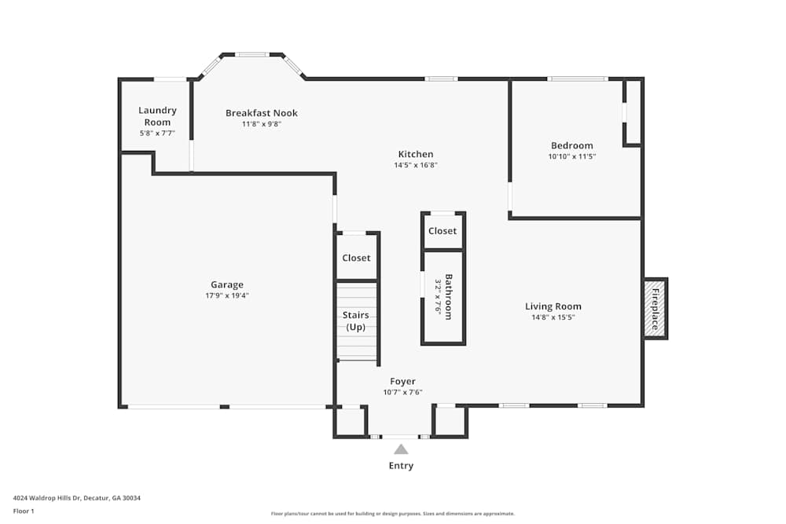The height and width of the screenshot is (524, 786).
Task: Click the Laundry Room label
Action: [157, 115]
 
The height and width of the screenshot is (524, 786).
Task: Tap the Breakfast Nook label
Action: [261, 113]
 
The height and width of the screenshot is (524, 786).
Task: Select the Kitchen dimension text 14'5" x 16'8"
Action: [415, 166]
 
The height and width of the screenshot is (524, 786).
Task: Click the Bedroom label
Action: [571, 145]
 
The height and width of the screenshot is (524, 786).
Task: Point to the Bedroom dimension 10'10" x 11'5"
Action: [571, 156]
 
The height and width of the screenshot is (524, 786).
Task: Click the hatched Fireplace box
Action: [655, 308]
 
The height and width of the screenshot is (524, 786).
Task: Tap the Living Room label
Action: [553, 306]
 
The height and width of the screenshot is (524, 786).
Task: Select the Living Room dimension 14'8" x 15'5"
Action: [553, 317]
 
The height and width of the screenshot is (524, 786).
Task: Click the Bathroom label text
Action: [449, 296]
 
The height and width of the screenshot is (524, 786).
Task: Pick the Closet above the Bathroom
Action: [443, 231]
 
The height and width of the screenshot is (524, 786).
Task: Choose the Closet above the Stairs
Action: [356, 258]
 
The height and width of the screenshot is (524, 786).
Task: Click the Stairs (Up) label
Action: [355, 321]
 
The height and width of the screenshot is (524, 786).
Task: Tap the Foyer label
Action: [402, 382]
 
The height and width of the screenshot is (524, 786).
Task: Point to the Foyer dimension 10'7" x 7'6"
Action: [402, 392]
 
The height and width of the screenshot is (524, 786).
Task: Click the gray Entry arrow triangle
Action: [401, 449]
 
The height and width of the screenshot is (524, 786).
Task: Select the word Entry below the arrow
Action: [401, 466]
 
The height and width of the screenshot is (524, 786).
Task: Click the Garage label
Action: [226, 284]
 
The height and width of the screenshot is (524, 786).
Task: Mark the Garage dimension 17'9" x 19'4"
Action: [226, 295]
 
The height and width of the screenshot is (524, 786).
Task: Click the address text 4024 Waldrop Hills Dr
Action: [47, 497]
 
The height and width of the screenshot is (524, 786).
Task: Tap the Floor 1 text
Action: [24, 511]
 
